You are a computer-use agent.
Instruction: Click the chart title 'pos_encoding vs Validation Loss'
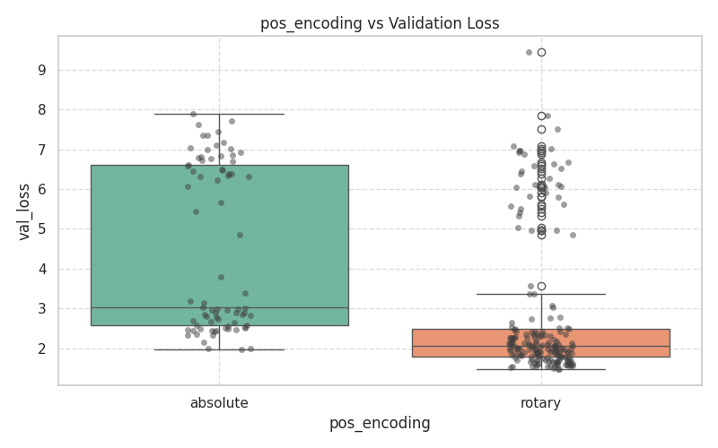pos(380,23)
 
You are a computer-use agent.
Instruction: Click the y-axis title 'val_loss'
pos(25,211)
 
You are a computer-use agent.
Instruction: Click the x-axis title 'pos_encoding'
pos(380,423)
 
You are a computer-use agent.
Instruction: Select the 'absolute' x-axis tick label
pos(219,403)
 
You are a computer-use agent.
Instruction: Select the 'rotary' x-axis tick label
pos(540,403)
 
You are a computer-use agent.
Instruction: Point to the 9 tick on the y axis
pos(41,70)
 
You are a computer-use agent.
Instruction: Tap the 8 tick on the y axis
pos(41,109)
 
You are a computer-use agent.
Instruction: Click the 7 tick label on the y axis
pos(41,150)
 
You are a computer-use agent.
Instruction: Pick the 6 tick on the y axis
pos(41,189)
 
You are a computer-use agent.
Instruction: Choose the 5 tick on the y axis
pos(41,229)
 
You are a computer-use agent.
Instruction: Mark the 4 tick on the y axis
pos(41,269)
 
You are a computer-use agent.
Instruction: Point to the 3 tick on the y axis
pos(41,309)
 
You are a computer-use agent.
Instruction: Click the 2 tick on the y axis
pos(41,349)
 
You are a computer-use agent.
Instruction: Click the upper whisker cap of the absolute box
pos(219,114)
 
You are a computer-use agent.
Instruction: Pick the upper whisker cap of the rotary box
pos(540,294)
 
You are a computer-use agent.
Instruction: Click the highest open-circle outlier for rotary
pos(541,52)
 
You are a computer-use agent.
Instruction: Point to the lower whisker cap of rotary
pos(540,369)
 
